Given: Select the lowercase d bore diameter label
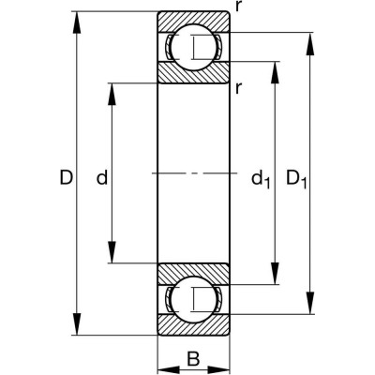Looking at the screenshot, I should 102,175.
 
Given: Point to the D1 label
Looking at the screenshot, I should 295,176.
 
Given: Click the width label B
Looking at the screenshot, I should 192,356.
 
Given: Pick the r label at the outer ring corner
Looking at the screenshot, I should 240,7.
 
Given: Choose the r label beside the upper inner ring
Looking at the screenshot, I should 240,88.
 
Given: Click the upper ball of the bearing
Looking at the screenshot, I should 193,47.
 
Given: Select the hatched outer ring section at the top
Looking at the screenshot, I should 193,21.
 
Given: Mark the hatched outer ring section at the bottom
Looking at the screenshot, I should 193,326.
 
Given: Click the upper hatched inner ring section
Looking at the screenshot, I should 193,73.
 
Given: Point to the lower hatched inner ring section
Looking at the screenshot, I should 193,274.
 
